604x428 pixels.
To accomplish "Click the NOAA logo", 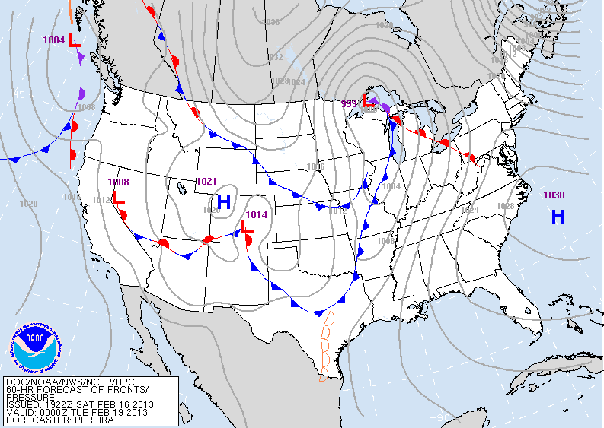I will [x=34, y=346].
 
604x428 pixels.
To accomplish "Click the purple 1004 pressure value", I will [x=54, y=40].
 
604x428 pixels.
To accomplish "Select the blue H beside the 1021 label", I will [x=224, y=202].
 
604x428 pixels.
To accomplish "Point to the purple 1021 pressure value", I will [x=207, y=181].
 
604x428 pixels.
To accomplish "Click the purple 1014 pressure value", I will [x=257, y=215].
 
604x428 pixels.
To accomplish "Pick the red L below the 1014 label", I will [x=247, y=227].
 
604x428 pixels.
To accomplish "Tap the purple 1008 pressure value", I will [x=118, y=182].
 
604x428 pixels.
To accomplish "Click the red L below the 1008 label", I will [x=118, y=199].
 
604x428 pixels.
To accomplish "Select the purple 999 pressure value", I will [x=349, y=103].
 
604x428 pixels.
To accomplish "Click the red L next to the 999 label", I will [x=366, y=100].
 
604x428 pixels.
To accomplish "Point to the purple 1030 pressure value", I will [x=554, y=195].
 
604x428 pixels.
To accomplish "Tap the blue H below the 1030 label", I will [x=558, y=217].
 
